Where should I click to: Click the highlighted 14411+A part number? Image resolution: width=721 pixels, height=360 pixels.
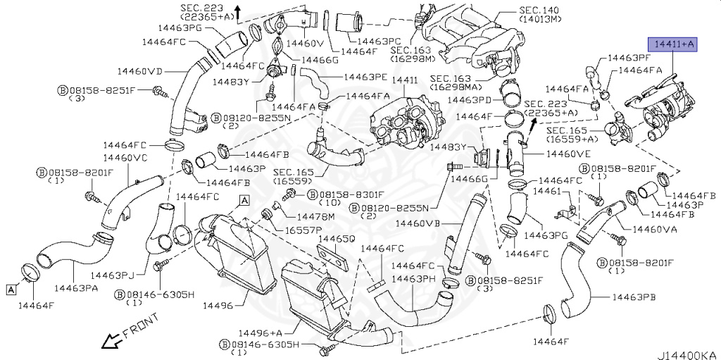(675, 44)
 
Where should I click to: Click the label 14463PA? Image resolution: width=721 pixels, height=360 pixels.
(80, 288)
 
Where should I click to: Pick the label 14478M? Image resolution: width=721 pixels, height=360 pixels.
(310, 216)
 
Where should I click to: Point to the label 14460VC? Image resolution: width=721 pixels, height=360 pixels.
(125, 158)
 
